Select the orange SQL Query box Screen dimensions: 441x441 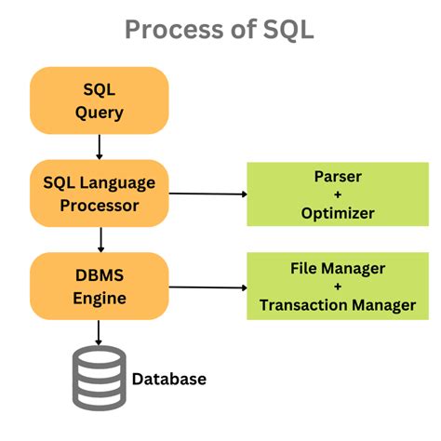[99, 100]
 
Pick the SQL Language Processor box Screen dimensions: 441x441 [99, 192]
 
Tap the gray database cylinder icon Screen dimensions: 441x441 [98, 377]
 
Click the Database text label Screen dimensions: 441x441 [168, 379]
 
